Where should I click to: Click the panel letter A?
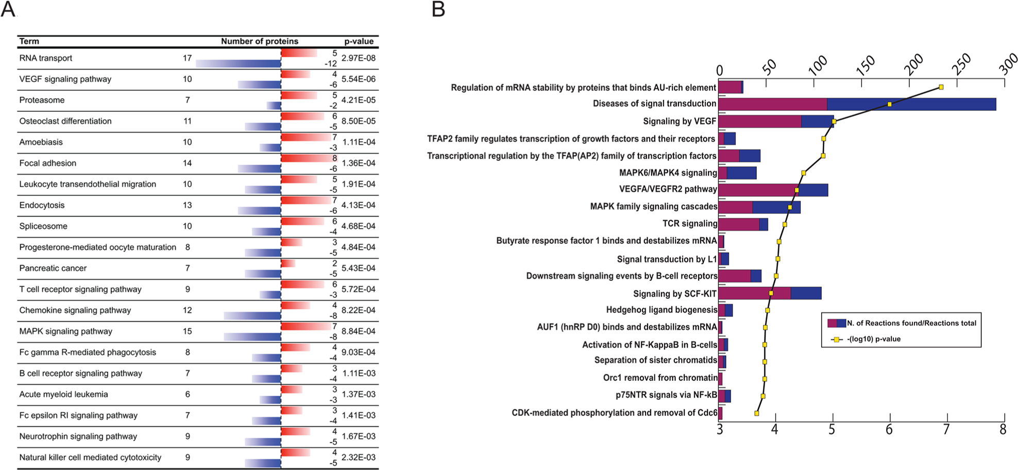[8, 9]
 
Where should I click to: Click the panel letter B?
[438, 9]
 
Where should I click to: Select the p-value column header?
[359, 41]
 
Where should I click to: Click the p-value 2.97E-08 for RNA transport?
[359, 58]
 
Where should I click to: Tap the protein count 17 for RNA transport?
[187, 58]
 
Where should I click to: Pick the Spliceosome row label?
[43, 226]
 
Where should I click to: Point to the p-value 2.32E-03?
[359, 457]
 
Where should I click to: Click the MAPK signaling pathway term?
[65, 331]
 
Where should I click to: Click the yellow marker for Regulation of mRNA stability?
[941, 87]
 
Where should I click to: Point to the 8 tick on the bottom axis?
[1003, 429]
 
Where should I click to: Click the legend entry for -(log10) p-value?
[873, 339]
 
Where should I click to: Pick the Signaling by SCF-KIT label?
[674, 294]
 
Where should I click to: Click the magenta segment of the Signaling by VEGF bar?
[759, 122]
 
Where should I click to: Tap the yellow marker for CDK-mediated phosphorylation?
[757, 413]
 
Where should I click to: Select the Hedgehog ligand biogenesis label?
[661, 310]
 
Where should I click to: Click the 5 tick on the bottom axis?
[832, 429]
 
